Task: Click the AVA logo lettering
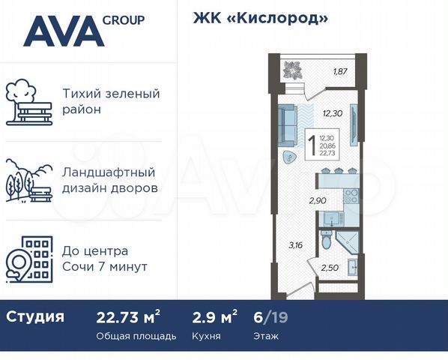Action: (x=63, y=31)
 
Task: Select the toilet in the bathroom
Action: (x=324, y=244)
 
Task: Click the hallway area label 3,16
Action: (x=297, y=244)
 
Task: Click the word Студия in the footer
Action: (x=35, y=316)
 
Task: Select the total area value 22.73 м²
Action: (x=129, y=316)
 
